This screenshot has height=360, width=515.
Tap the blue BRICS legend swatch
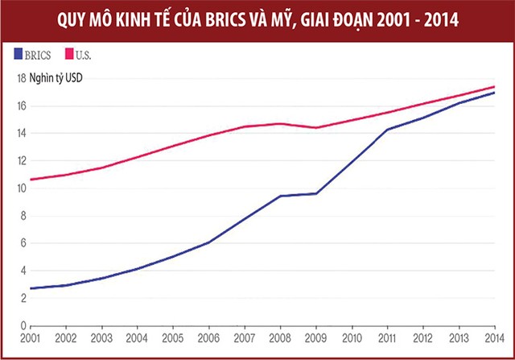click(x=19, y=55)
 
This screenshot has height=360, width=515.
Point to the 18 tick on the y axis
click(x=22, y=78)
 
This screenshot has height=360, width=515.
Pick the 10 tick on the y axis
click(x=22, y=188)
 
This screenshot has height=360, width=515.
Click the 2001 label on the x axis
click(x=30, y=339)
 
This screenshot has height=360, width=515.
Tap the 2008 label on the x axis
click(x=279, y=339)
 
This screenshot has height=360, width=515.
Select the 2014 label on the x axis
click(x=494, y=339)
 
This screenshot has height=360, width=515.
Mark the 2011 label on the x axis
click(x=386, y=339)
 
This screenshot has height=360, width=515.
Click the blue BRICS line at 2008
click(x=279, y=196)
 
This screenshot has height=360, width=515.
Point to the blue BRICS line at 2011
click(x=386, y=130)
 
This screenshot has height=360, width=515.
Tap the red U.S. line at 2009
click(x=315, y=127)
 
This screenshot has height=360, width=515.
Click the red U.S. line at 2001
click(x=31, y=179)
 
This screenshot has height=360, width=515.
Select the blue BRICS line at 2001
click(x=31, y=288)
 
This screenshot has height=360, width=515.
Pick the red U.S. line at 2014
click(x=493, y=87)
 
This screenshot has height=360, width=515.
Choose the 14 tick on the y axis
click(x=22, y=133)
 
